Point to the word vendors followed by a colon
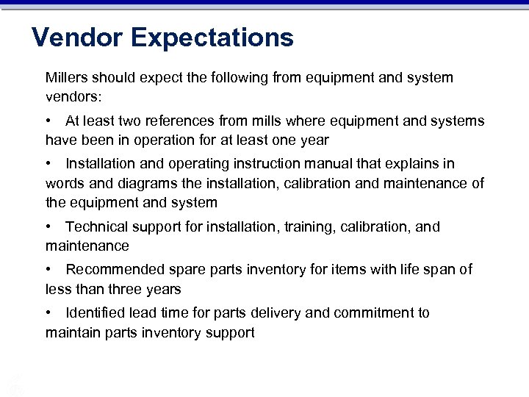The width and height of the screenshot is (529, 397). coord(72,97)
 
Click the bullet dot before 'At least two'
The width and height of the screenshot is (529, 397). coord(48,121)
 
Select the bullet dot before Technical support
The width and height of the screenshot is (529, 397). coord(48,227)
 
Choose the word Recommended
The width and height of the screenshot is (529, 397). coord(111,270)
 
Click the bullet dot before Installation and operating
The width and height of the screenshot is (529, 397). coord(48,163)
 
